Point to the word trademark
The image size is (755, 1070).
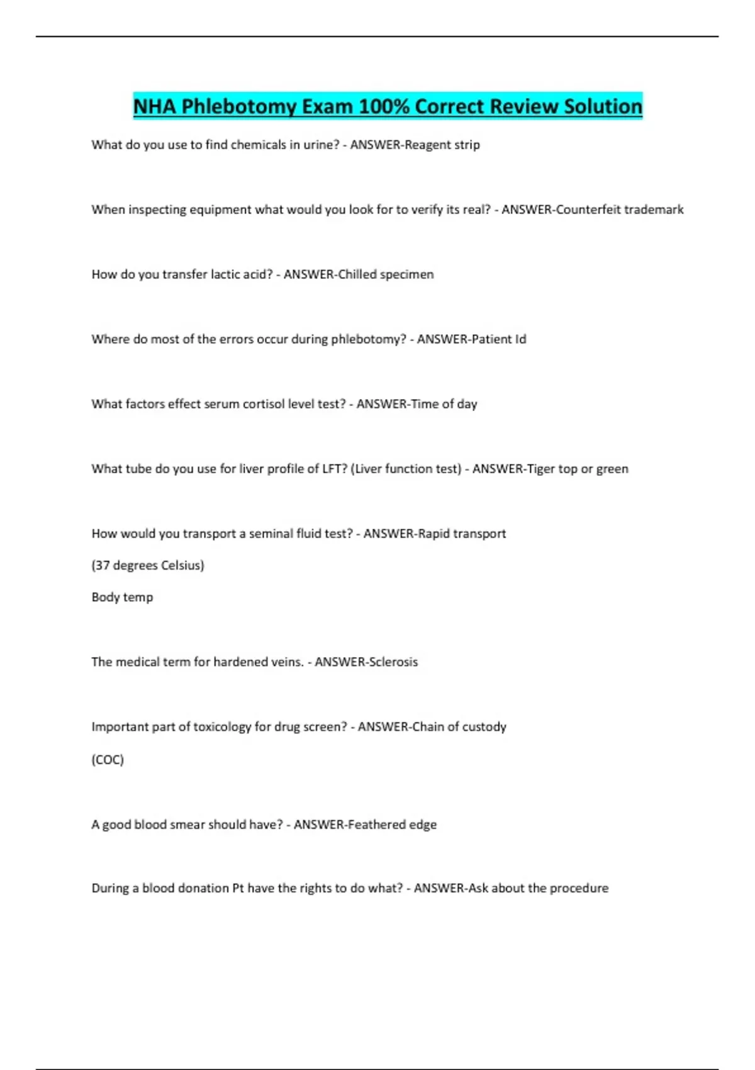[x=654, y=210]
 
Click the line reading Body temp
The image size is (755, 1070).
[x=122, y=597]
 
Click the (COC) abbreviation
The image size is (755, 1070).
[x=108, y=760]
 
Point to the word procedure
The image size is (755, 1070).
[x=579, y=888]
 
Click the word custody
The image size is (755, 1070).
[x=484, y=727]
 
